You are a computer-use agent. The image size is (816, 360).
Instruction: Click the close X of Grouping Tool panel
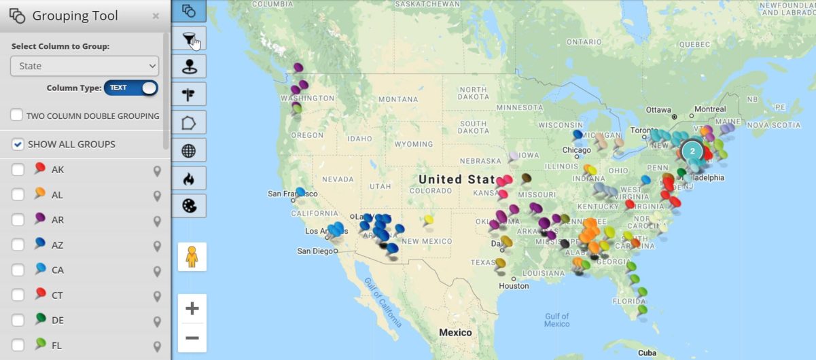pyautogui.click(x=156, y=16)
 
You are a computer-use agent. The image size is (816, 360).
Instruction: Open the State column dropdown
pyautogui.click(x=84, y=66)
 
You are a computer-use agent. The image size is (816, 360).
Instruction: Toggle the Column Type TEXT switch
pyautogui.click(x=130, y=88)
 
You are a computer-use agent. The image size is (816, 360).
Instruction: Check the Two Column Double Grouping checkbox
pyautogui.click(x=17, y=115)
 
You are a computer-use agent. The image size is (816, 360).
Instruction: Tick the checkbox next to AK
pyautogui.click(x=18, y=170)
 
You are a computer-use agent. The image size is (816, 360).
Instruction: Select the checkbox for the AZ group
pyautogui.click(x=18, y=245)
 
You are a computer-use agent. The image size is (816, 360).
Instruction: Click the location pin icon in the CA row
pyautogui.click(x=157, y=270)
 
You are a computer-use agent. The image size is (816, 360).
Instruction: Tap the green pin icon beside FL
pyautogui.click(x=40, y=344)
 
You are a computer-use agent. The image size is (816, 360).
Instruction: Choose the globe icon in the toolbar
pyautogui.click(x=190, y=150)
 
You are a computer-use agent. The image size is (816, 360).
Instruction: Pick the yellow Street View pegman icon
pyautogui.click(x=192, y=257)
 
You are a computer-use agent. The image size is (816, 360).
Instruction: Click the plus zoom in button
pyautogui.click(x=192, y=309)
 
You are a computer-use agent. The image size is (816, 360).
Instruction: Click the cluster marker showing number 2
pyautogui.click(x=692, y=151)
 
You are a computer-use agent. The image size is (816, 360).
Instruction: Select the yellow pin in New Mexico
pyautogui.click(x=428, y=220)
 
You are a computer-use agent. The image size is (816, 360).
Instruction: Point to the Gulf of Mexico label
pyautogui.click(x=556, y=320)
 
